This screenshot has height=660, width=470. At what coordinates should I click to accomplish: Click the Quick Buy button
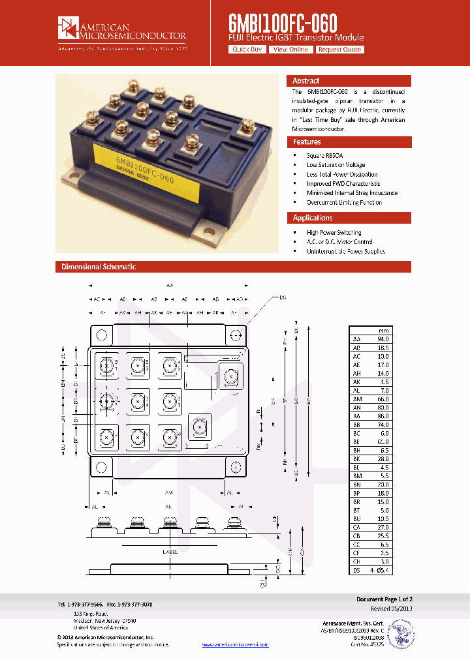click(247, 50)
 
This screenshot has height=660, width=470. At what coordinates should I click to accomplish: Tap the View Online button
click(290, 50)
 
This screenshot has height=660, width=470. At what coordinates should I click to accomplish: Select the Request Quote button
click(339, 50)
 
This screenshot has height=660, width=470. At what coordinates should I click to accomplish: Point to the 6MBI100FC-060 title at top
click(283, 23)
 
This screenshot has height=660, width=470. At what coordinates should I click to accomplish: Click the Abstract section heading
click(305, 81)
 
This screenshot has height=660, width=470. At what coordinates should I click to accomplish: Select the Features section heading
click(307, 142)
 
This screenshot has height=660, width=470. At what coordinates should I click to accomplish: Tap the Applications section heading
click(313, 218)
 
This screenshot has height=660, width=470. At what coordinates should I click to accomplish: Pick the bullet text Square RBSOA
click(324, 156)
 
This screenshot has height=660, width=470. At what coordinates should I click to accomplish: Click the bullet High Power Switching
click(334, 233)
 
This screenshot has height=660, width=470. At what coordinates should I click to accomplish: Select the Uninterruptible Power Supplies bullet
click(345, 251)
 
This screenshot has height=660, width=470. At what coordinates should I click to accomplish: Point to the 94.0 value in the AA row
click(383, 339)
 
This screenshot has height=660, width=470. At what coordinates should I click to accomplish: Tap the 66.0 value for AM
click(383, 398)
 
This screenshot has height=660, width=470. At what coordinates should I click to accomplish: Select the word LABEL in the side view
click(170, 552)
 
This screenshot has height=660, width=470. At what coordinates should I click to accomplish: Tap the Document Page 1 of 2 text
click(384, 599)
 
